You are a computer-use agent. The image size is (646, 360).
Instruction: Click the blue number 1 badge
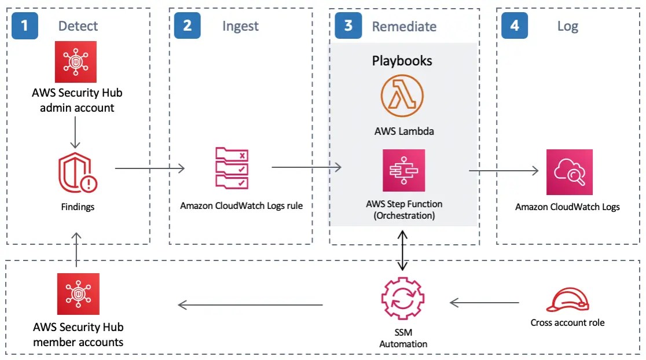pos(24,25)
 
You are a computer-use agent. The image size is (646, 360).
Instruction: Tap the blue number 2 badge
pos(187,25)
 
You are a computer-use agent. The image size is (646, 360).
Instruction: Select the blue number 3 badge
pos(348,26)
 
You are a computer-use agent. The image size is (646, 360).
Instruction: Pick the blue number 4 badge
pos(515,26)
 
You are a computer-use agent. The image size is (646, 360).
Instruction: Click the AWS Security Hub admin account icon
pos(76,62)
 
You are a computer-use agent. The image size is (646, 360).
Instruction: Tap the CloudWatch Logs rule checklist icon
pos(232,168)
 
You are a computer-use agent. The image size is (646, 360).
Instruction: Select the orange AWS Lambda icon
pos(402,96)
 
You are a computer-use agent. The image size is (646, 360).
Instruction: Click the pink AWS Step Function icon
pos(403,170)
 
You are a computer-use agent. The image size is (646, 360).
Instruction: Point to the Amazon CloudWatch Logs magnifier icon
pos(569,172)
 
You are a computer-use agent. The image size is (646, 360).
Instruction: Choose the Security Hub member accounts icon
pos(78,294)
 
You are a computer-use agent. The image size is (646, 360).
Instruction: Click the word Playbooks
pos(402,61)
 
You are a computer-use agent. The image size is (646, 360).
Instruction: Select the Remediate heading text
pos(404,27)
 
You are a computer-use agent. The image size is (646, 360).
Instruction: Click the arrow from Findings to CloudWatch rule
pos(149,168)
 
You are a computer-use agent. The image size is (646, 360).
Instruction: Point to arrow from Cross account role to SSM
pos(484,303)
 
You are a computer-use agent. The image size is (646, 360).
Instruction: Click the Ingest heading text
pos(240,26)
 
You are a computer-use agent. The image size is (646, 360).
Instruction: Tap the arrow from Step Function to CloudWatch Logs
pos(503,171)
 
